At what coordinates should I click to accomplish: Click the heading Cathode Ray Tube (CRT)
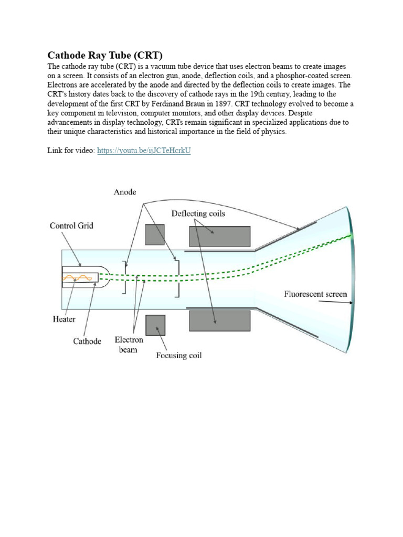tap(105, 55)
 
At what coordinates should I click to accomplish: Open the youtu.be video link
tap(144, 151)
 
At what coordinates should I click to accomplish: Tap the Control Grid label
tap(72, 226)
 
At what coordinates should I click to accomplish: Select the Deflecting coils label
tap(199, 213)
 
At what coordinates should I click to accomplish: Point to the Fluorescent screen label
tap(315, 294)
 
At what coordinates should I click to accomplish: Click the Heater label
tap(64, 319)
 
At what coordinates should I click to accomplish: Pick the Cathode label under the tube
tap(87, 341)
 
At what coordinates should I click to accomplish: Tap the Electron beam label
tap(129, 345)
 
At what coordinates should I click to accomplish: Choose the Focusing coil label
tap(178, 356)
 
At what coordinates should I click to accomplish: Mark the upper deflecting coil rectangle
tap(219, 236)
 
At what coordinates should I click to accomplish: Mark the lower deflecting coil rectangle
tap(219, 320)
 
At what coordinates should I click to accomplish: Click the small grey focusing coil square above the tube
tap(154, 234)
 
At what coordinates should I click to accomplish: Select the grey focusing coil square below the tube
tap(155, 325)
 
